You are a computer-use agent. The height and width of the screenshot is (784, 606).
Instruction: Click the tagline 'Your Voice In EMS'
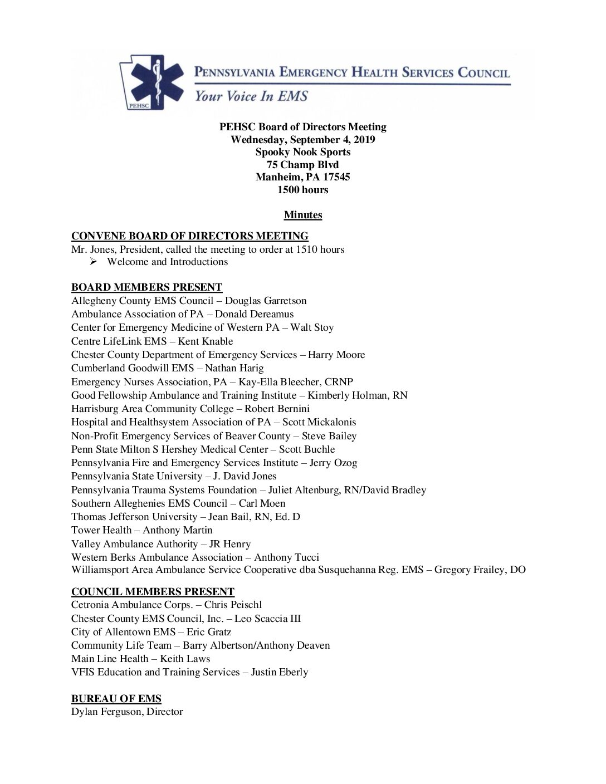click(x=251, y=96)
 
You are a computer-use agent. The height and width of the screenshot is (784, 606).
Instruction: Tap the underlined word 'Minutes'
click(x=303, y=215)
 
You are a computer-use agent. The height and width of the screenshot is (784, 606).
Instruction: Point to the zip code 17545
click(x=336, y=177)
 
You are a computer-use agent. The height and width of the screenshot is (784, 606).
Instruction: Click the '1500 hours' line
click(x=303, y=190)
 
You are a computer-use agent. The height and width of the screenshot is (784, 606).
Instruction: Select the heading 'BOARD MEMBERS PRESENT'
click(x=146, y=287)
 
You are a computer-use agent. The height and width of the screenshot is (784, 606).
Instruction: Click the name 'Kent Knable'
click(x=206, y=341)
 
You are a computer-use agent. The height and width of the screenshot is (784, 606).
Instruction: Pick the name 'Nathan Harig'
click(x=234, y=368)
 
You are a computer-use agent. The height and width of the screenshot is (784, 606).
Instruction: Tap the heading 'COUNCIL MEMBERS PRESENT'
click(x=153, y=592)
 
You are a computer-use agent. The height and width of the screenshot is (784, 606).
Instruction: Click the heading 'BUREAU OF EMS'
click(x=116, y=699)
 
